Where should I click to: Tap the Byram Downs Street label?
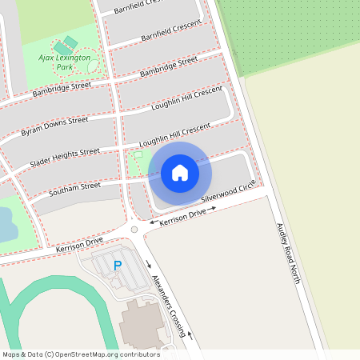point(54,126)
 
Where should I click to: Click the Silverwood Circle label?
point(229,190)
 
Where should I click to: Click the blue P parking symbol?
point(118,266)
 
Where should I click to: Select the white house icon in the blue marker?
point(180,172)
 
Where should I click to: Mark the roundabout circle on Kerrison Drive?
point(134,230)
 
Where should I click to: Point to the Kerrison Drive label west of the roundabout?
point(79,246)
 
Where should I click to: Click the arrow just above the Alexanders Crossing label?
point(149,264)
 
